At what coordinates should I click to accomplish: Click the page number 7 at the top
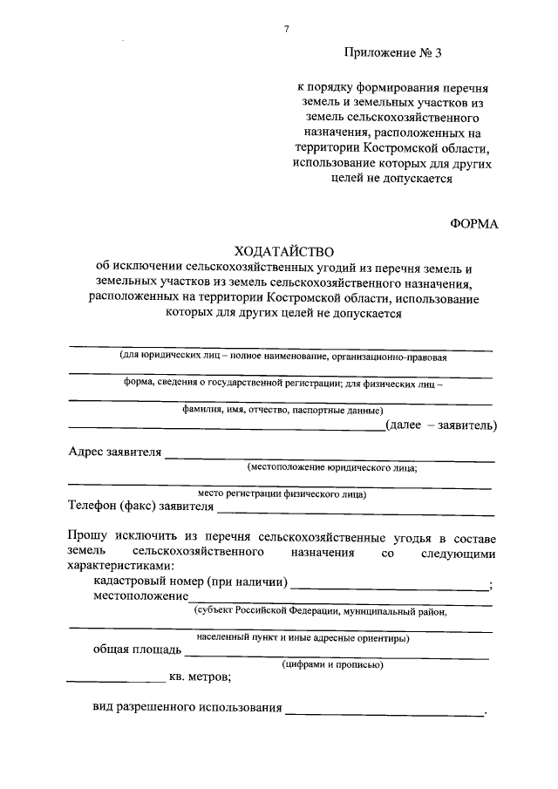tap(286, 30)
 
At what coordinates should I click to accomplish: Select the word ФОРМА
tap(473, 223)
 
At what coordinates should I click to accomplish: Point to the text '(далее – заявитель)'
tap(441, 425)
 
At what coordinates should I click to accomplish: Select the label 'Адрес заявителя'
tap(115, 452)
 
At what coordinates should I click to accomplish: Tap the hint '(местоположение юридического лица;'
tap(331, 468)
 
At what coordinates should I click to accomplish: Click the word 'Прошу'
tap(86, 534)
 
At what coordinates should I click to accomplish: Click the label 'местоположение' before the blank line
tap(141, 596)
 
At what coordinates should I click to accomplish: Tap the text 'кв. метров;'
tap(200, 676)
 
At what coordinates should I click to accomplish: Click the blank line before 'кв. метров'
tap(116, 679)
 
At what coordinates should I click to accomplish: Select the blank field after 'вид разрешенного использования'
tap(384, 714)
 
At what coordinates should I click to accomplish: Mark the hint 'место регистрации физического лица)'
tap(282, 494)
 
